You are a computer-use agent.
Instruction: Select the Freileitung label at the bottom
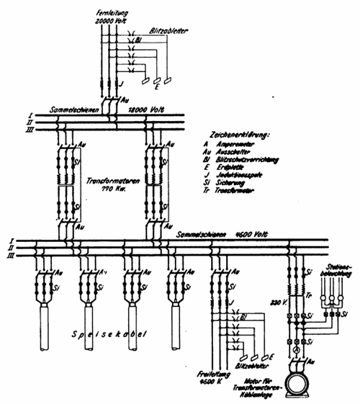pos(211,375)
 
